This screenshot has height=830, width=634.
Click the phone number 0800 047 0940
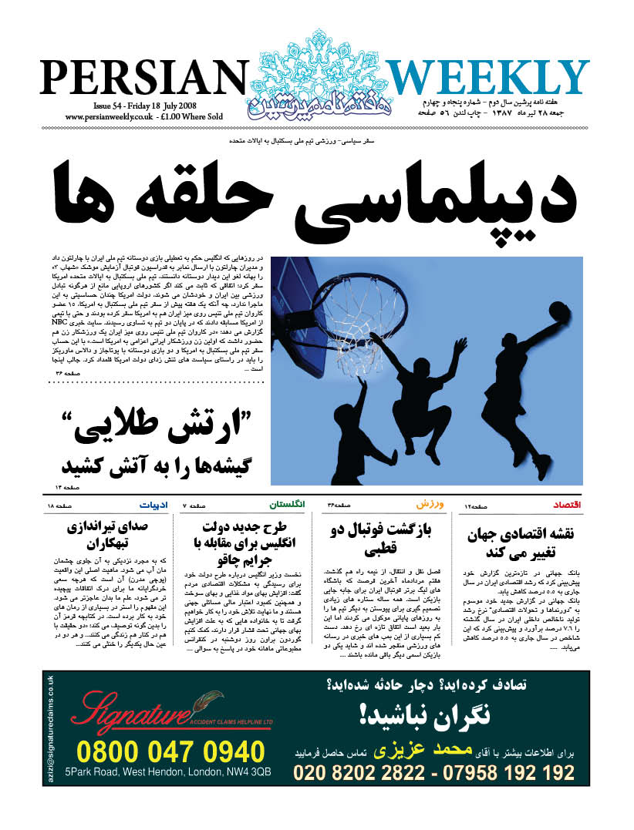[x=170, y=751]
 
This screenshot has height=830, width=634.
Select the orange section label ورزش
[x=430, y=504]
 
